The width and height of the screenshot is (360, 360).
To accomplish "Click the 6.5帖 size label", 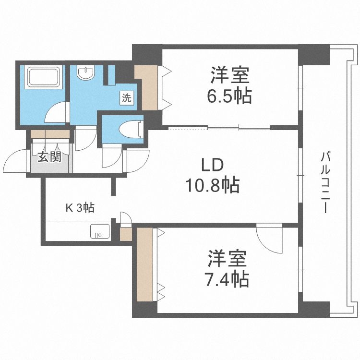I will pos(230,97).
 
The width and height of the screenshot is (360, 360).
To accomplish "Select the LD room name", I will pos(212,165).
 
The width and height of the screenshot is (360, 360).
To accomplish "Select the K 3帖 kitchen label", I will pos(80,207).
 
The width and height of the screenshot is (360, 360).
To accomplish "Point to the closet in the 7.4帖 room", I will pos(145,265).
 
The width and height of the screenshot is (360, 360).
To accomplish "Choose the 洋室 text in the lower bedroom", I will pos(228,259).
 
